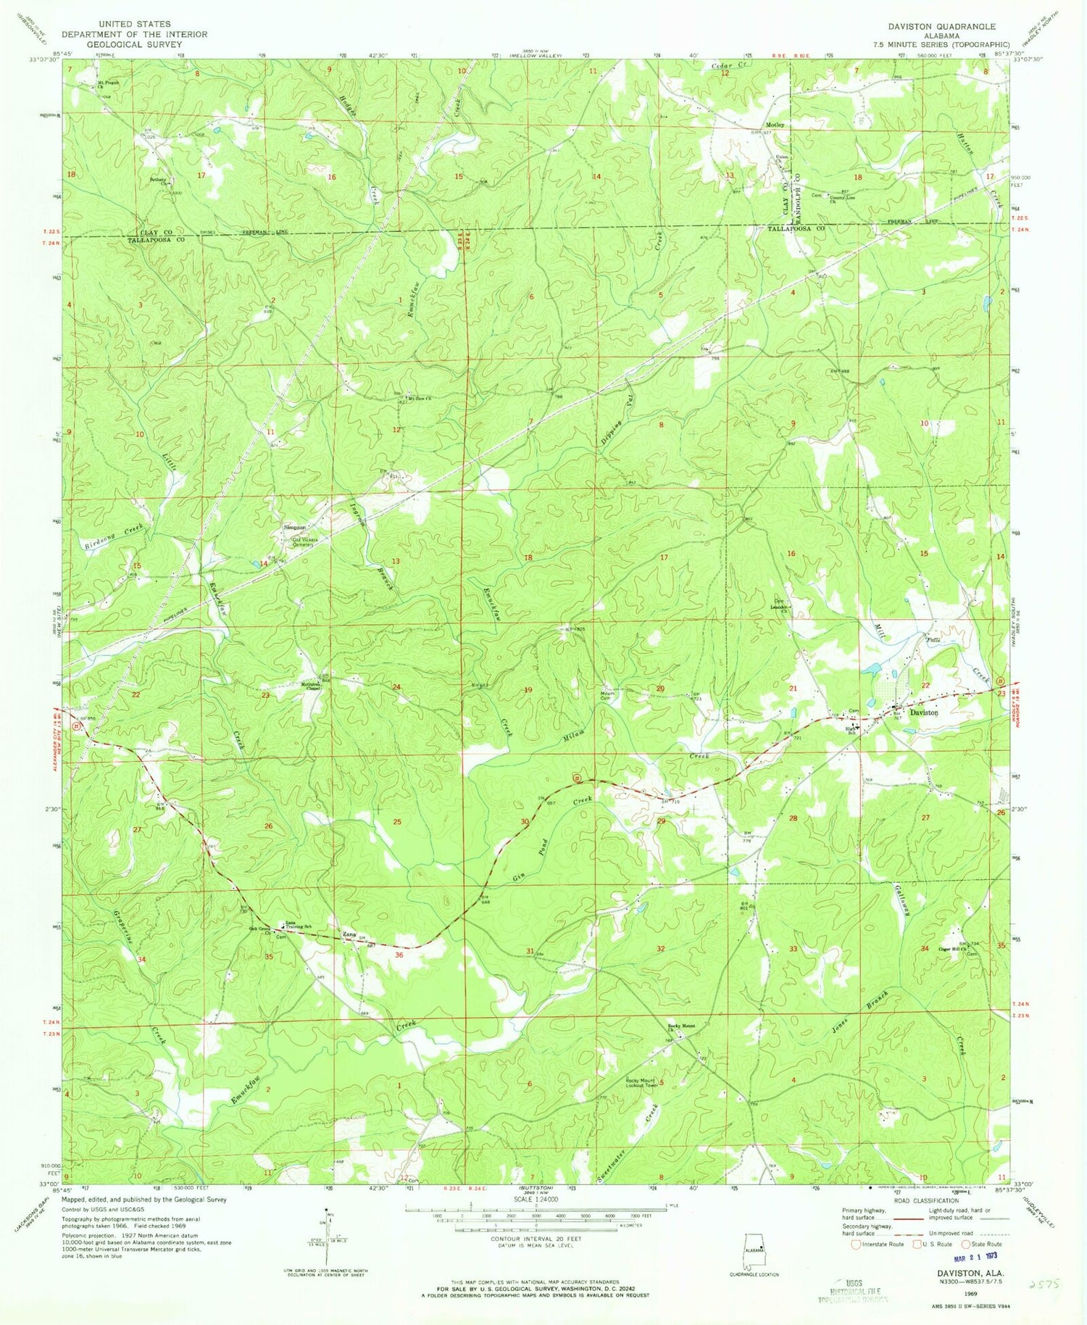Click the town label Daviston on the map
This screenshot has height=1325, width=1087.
[x=924, y=713]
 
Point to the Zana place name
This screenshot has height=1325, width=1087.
[x=350, y=934]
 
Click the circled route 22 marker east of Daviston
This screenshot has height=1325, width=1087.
[x=1000, y=681]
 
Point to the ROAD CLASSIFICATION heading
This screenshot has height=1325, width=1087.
[x=919, y=1201]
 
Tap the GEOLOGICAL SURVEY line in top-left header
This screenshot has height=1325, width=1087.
[x=134, y=44]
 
